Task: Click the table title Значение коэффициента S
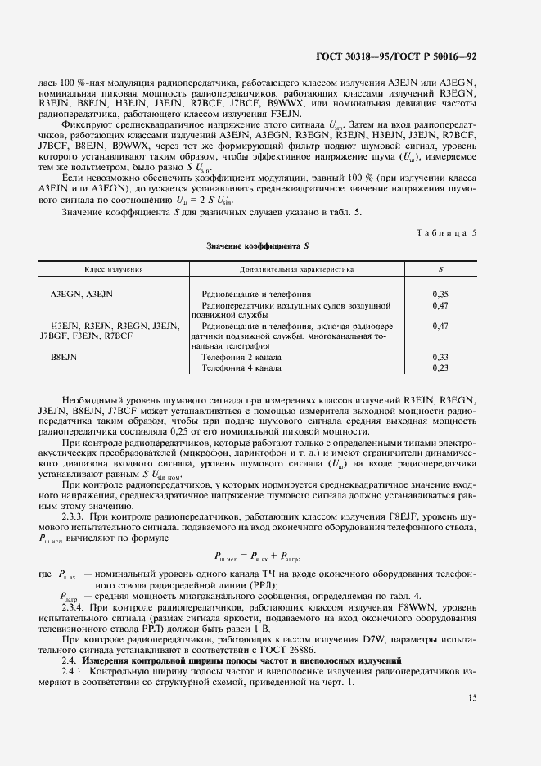[258, 246]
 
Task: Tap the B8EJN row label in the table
[64, 358]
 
